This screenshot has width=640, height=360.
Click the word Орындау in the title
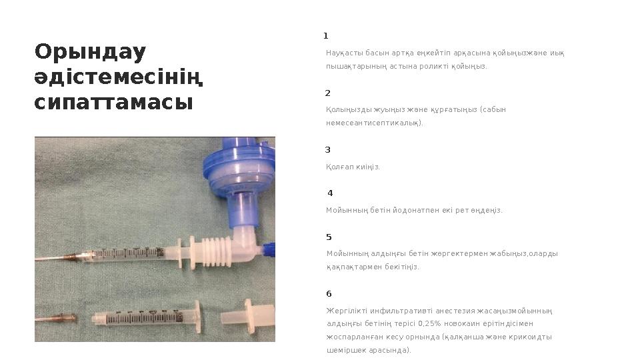click(91, 53)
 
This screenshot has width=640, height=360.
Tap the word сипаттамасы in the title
click(113, 103)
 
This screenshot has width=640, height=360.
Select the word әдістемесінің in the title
click(119, 78)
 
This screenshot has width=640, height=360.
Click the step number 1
click(326, 36)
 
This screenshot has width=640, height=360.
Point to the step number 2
click(327, 93)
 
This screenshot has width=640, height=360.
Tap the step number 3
click(327, 150)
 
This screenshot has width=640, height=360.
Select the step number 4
click(330, 193)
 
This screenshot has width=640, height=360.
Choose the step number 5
click(329, 237)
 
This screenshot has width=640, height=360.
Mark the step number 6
click(329, 294)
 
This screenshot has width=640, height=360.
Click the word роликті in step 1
click(434, 67)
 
